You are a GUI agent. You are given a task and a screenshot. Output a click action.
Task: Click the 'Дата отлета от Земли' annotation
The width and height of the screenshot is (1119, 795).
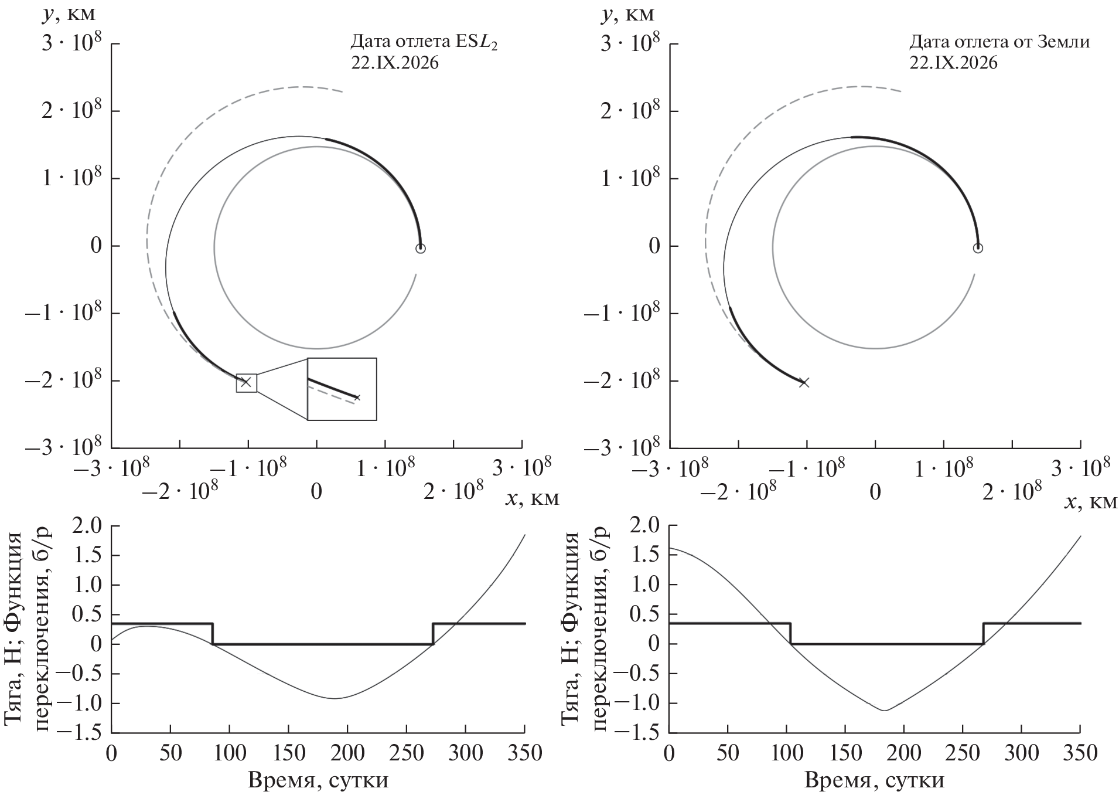click(999, 43)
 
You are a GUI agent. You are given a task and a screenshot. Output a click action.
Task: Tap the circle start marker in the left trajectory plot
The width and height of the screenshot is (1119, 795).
click(420, 249)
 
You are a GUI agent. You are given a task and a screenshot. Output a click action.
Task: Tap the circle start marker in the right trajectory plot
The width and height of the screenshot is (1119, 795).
click(977, 249)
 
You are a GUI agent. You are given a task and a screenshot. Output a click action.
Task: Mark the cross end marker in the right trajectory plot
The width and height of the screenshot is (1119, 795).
click(804, 383)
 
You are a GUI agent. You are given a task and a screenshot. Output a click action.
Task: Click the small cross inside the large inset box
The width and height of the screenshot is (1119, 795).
click(357, 397)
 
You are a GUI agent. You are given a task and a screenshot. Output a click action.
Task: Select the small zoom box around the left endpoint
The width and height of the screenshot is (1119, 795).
click(247, 383)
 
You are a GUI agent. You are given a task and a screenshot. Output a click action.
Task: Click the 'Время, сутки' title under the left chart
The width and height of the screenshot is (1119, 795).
click(318, 781)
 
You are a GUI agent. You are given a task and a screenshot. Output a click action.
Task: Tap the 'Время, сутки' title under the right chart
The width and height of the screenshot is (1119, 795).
click(874, 781)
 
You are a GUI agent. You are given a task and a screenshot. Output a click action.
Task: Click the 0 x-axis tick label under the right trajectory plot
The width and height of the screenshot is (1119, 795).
click(875, 492)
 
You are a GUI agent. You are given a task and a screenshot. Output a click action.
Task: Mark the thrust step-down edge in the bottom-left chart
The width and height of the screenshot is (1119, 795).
click(213, 634)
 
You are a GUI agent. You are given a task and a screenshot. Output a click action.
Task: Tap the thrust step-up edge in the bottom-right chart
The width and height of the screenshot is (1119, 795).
click(983, 634)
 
